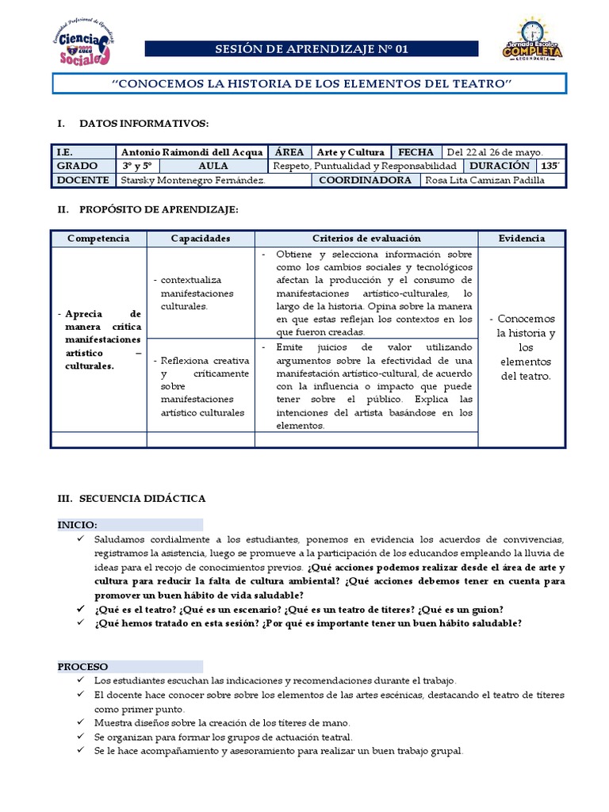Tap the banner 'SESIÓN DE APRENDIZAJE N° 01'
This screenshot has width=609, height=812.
click(312, 50)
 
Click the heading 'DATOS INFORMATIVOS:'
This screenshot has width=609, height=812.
click(144, 124)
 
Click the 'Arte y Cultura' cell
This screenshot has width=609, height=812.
click(350, 152)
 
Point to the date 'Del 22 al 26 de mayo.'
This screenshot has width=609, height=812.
click(496, 152)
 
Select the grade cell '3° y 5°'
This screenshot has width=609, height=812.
click(137, 166)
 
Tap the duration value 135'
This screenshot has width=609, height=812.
click(550, 166)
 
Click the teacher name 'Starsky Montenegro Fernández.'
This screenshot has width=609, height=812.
click(192, 180)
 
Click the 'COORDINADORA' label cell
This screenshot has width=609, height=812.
click(366, 180)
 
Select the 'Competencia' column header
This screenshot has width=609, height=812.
click(98, 238)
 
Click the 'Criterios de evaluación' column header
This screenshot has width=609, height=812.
click(366, 238)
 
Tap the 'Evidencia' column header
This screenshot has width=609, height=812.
click(521, 238)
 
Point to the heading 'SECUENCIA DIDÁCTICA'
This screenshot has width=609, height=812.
click(142, 498)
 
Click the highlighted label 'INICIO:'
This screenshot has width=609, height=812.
click(78, 525)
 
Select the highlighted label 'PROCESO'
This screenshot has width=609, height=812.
click(82, 667)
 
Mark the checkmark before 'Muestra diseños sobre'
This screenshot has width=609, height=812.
click(82, 722)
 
